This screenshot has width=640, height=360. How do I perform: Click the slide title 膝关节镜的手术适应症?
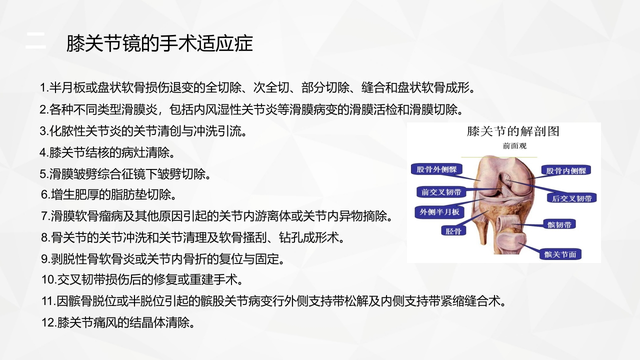click(159, 43)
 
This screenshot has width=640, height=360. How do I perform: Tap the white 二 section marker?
click(35, 41)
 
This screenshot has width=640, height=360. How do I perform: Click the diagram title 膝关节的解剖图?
click(513, 131)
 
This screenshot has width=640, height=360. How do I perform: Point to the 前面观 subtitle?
click(514, 146)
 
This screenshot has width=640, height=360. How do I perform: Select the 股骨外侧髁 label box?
click(437, 169)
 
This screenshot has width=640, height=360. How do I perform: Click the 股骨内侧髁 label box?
click(566, 170)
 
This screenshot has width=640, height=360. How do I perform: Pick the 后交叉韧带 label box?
click(571, 198)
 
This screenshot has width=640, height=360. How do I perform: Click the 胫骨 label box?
click(453, 231)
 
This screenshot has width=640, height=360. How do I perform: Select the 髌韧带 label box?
click(559, 224)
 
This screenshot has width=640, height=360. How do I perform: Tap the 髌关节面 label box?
click(560, 254)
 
